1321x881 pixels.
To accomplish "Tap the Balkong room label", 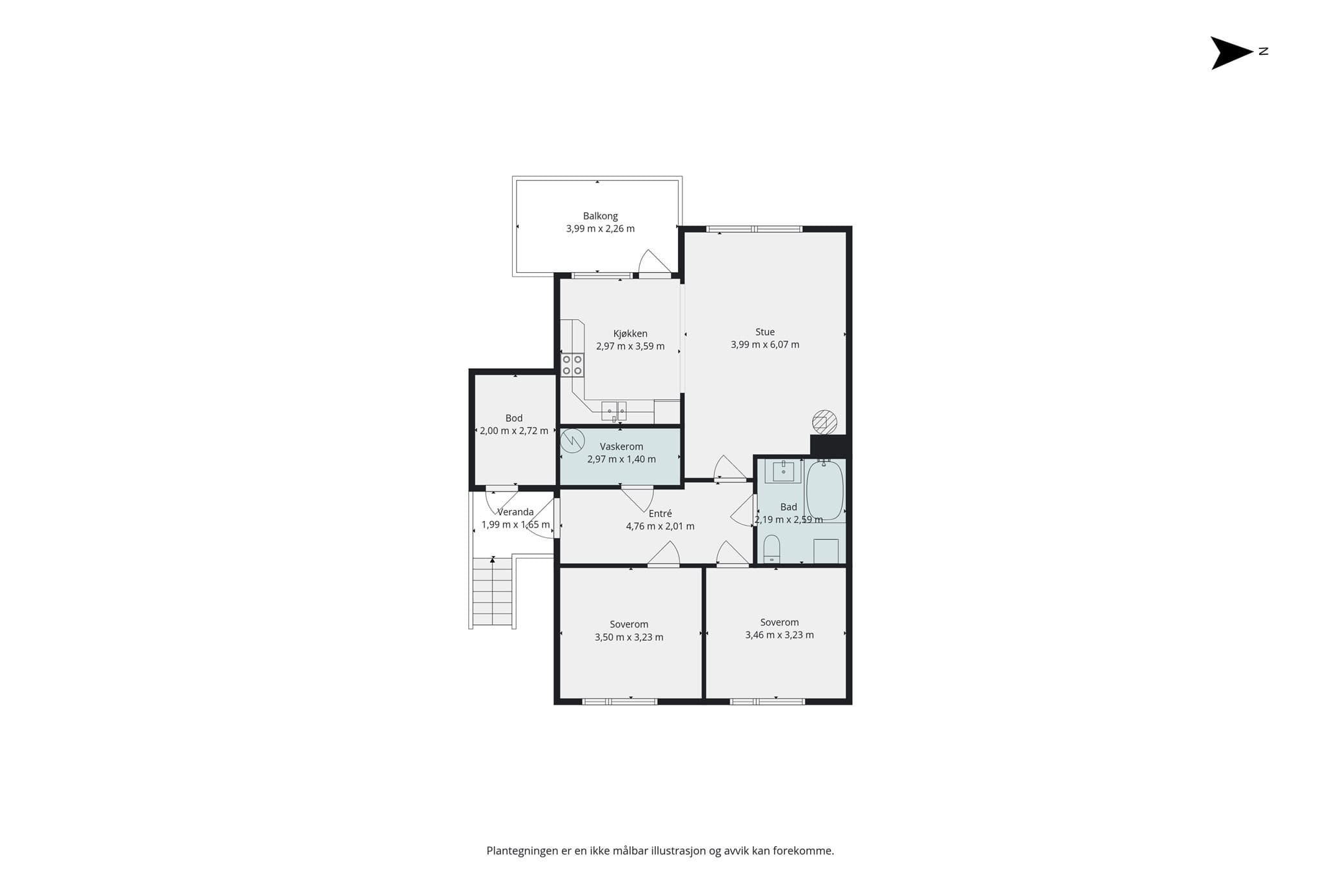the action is point(601,216).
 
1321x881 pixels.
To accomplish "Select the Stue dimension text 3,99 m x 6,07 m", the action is point(765,344).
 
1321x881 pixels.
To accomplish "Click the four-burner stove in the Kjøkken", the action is point(572,364).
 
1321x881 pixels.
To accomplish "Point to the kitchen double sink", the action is point(614,411).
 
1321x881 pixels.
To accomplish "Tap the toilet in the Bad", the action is point(771,549).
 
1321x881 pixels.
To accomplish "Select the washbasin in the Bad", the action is point(783,471).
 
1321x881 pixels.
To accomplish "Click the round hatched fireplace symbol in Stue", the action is point(824,422).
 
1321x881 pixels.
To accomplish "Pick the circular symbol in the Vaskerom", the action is point(572,441).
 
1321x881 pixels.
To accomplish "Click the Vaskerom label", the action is point(621,446).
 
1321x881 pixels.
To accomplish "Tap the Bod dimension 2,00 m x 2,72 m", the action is point(514,431).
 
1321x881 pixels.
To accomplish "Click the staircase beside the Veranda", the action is point(493,591).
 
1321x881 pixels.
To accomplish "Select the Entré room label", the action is point(660,513).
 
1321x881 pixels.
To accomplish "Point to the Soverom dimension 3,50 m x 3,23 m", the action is point(629,637).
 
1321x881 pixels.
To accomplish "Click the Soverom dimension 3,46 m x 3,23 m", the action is point(779,635).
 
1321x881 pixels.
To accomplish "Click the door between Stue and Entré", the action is point(730,468).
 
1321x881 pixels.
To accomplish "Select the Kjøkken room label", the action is point(630,333).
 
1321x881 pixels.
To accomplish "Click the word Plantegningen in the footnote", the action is point(522,851).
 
